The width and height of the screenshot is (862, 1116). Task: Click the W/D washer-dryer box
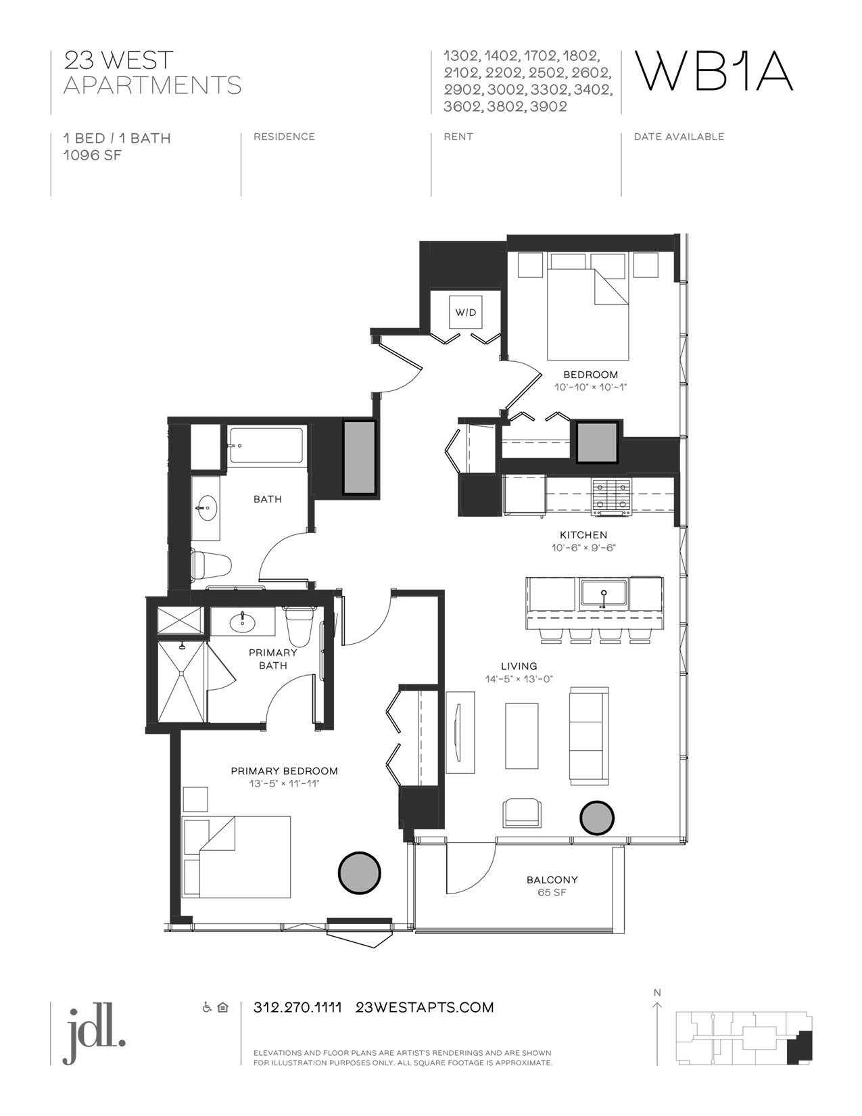click(x=466, y=312)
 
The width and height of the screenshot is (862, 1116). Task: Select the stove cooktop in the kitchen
click(x=612, y=497)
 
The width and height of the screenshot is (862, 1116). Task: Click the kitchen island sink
click(x=604, y=595)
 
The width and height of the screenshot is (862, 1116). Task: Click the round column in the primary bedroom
click(x=360, y=873)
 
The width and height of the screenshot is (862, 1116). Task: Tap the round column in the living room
click(x=596, y=818)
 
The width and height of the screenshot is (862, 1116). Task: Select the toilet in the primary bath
click(x=300, y=625)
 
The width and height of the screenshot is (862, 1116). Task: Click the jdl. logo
click(x=94, y=1033)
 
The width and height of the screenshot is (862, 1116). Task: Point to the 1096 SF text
click(x=93, y=155)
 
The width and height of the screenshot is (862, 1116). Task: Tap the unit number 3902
click(x=549, y=106)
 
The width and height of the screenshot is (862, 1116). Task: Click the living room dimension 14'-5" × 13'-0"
click(x=519, y=679)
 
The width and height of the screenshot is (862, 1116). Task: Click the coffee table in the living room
click(x=522, y=736)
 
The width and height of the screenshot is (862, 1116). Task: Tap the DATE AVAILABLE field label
click(x=679, y=137)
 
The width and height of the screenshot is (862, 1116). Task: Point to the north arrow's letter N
click(x=657, y=992)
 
